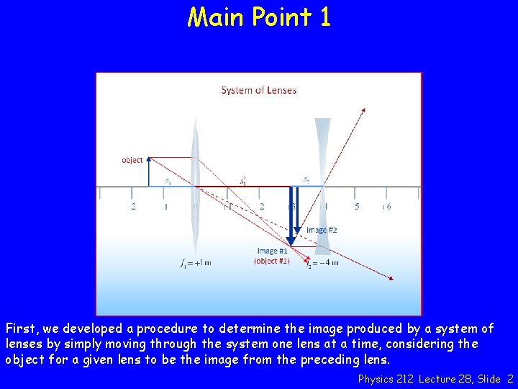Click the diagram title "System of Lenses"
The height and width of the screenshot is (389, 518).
click(x=258, y=90)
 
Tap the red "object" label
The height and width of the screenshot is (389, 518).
click(x=132, y=160)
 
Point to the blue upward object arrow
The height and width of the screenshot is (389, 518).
click(x=148, y=173)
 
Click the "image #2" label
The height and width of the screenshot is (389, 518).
click(x=322, y=230)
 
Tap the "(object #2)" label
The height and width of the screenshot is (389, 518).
click(x=272, y=261)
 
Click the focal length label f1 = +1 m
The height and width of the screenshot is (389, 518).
click(x=195, y=263)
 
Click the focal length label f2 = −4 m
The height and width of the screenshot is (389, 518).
click(x=322, y=263)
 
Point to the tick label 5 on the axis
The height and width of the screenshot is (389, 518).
click(x=357, y=207)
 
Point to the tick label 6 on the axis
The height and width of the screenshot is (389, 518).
click(x=388, y=207)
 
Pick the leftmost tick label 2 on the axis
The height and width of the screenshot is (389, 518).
click(x=133, y=207)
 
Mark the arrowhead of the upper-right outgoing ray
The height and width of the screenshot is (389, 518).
click(x=363, y=109)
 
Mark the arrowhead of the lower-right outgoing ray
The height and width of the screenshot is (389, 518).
click(x=391, y=278)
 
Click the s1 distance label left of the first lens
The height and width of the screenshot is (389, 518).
click(x=168, y=181)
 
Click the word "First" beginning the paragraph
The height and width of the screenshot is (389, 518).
click(x=21, y=329)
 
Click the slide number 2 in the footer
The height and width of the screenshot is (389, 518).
click(x=510, y=378)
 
